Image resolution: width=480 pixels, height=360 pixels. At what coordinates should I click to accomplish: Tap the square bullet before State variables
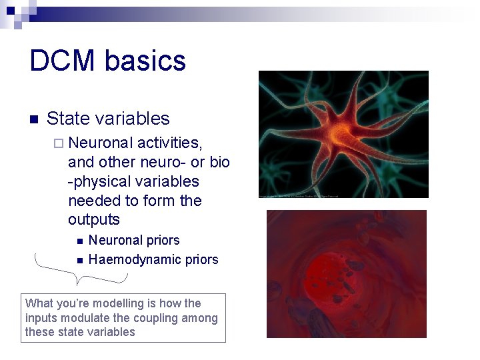pos(35,120)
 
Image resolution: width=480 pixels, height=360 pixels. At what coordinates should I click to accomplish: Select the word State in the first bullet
pos(68,119)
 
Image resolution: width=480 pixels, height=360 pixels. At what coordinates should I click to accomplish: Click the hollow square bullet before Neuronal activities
pos(59,143)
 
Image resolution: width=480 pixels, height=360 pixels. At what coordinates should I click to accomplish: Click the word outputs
pos(93,219)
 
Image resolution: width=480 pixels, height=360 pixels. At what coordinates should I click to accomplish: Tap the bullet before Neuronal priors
pos(79,241)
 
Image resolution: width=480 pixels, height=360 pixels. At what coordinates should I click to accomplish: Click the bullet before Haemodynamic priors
pos(79,260)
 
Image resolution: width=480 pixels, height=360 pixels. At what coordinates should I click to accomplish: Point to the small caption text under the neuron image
pos(300,196)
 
